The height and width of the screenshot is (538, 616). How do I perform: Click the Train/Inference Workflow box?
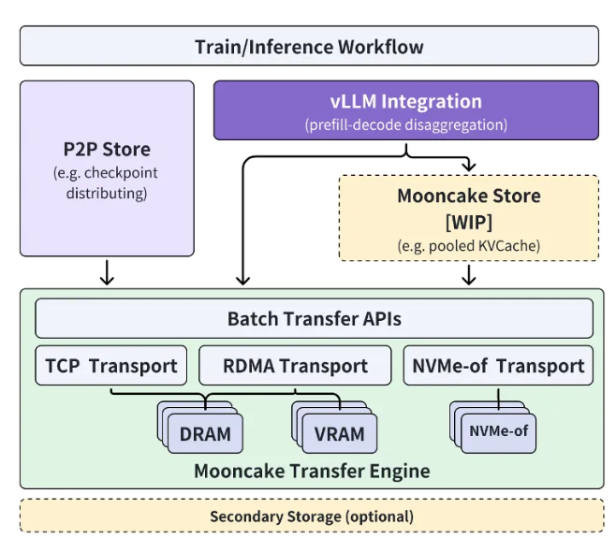tap(309, 46)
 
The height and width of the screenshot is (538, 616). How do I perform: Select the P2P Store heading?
tap(106, 149)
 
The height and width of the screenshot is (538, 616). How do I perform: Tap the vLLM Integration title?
tap(405, 102)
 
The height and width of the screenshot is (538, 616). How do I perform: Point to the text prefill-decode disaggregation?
tap(405, 124)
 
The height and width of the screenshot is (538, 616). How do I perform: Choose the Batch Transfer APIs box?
tap(314, 319)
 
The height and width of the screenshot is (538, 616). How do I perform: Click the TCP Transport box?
tap(111, 366)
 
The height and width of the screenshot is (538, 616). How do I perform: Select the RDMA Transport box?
tap(295, 366)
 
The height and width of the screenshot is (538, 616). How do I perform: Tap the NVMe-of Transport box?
tap(498, 366)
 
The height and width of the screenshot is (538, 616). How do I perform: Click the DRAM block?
tap(205, 433)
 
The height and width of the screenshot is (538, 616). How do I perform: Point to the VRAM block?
tap(339, 433)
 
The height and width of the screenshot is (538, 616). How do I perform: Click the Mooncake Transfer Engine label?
tap(312, 471)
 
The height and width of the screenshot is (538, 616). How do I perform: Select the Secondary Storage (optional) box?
tap(312, 516)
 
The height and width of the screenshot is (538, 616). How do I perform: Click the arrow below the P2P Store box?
tap(107, 272)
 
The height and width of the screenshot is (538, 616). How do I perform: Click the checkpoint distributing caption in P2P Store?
tap(106, 183)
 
